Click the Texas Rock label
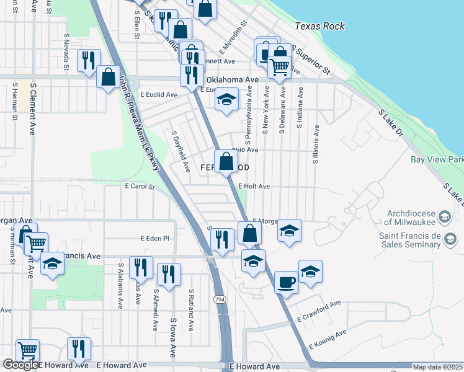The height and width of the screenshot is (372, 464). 319,27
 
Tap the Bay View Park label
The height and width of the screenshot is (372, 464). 437,159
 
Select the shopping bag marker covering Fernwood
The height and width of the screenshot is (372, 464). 226,163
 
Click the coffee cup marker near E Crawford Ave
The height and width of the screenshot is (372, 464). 286,283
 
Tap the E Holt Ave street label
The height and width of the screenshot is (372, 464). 254,186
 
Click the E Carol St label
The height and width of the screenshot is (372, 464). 139,186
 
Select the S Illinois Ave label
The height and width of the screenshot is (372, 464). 316,144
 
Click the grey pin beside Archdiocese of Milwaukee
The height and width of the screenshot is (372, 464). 444,216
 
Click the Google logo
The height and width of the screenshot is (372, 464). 20,364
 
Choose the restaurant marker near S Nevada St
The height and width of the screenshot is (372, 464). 87,61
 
